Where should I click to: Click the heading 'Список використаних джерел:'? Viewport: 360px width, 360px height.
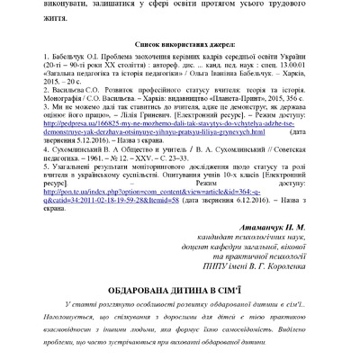pyautogui.click(x=180, y=42)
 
